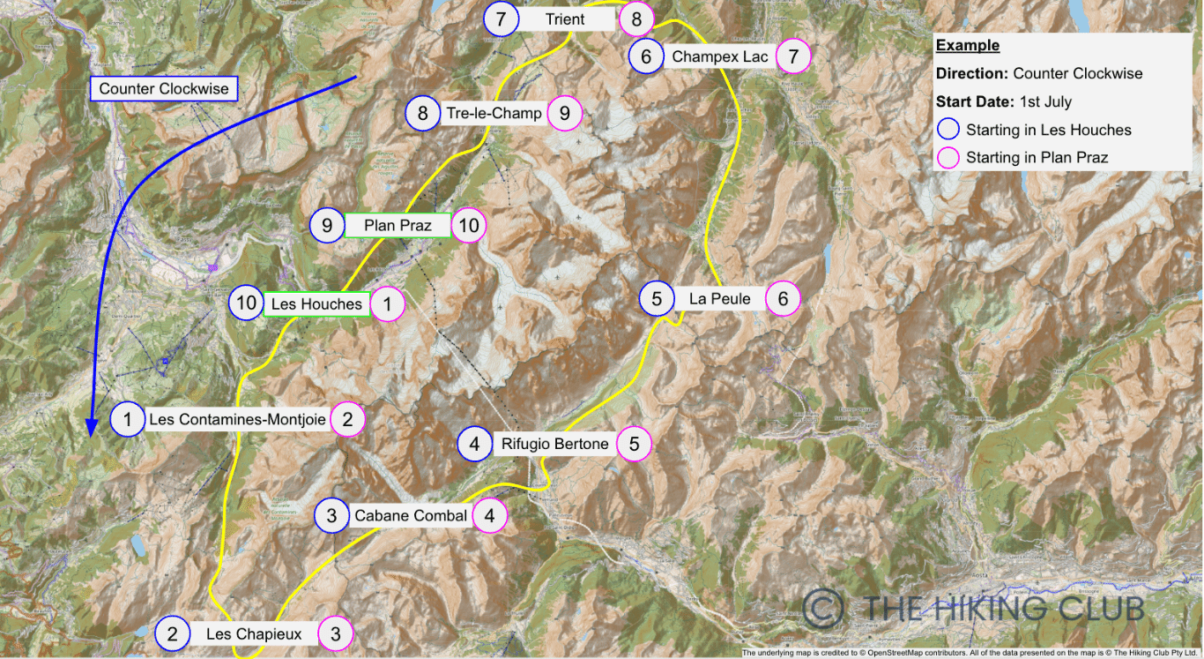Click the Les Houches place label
[x=316, y=304]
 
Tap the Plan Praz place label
[x=398, y=226]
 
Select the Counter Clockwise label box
[x=164, y=88]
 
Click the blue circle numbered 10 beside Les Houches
[x=246, y=304]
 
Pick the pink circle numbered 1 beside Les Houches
[x=387, y=304]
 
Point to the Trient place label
[x=565, y=19]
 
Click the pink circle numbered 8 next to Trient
[x=636, y=19]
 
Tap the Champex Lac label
[x=720, y=57]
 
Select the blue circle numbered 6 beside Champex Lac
[x=647, y=57]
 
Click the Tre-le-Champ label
[x=494, y=113]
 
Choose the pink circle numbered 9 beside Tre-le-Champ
[x=565, y=113]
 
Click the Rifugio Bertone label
[x=555, y=444]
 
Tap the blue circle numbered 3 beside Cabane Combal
[x=331, y=516]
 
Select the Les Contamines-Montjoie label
[x=237, y=420]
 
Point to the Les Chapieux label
[x=254, y=633]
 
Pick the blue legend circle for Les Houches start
[x=948, y=130]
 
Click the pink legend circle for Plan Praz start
[x=948, y=158]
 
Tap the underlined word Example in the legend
[x=967, y=46]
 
